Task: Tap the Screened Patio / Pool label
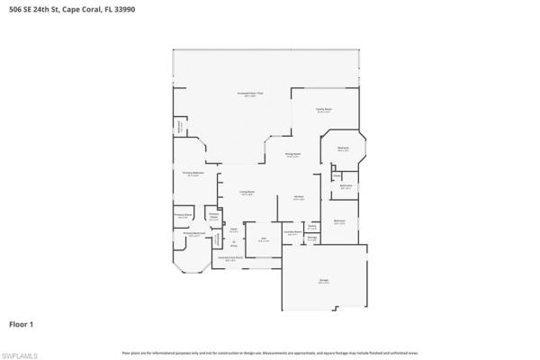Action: tap(247, 94)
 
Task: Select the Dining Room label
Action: tap(292, 155)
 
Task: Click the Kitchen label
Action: tap(298, 198)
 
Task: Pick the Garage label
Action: tap(323, 281)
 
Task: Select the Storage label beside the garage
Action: tap(311, 238)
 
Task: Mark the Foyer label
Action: tap(232, 229)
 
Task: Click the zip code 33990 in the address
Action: tap(137, 5)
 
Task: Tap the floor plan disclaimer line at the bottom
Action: tap(270, 353)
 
